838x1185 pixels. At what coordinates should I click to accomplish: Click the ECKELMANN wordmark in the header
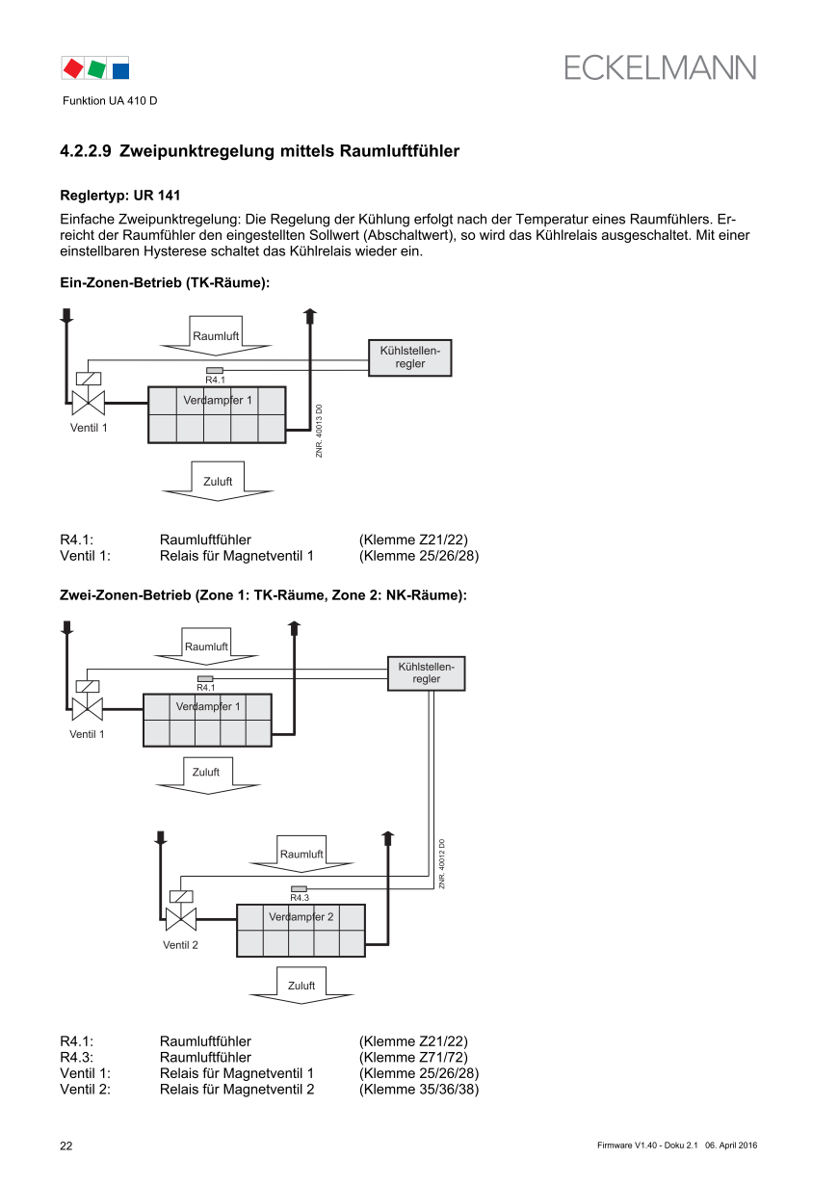click(x=660, y=67)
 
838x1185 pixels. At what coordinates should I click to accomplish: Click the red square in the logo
click(x=72, y=68)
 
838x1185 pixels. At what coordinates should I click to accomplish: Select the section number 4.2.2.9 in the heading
click(x=86, y=151)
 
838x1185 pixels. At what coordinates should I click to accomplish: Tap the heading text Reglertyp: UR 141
click(x=119, y=195)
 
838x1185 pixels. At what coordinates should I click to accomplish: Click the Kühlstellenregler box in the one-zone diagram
click(x=409, y=357)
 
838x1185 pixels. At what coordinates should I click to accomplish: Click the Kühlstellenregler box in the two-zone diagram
click(x=426, y=673)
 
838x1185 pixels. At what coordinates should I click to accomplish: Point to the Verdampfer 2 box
click(x=301, y=931)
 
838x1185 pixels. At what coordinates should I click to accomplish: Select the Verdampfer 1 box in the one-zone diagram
click(x=217, y=414)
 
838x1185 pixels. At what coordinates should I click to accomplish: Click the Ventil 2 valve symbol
click(x=181, y=917)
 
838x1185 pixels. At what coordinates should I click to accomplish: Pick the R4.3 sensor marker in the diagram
click(x=299, y=888)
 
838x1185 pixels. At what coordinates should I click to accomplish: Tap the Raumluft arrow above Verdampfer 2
click(x=301, y=852)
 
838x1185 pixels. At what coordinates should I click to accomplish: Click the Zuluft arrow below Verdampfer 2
click(x=301, y=987)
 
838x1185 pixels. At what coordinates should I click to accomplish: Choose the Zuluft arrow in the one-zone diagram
click(x=218, y=482)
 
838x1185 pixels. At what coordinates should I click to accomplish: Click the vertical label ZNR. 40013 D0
click(x=319, y=430)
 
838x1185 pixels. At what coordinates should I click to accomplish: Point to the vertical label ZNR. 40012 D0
click(x=442, y=863)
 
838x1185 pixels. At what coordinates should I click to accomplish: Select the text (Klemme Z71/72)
click(x=413, y=1057)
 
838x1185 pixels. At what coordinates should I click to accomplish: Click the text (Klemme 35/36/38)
click(x=419, y=1090)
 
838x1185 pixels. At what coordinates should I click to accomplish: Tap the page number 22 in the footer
click(x=66, y=1145)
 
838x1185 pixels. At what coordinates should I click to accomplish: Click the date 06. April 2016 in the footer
click(x=731, y=1145)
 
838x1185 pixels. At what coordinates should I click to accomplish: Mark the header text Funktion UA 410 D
click(x=110, y=101)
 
